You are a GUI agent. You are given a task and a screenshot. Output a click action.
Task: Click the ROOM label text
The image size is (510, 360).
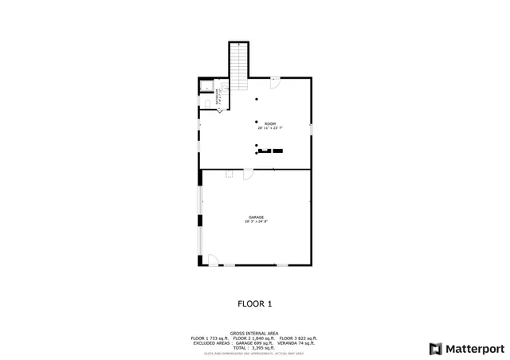coord(270,123)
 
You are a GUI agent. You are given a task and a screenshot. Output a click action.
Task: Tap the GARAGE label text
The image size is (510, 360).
coord(256,217)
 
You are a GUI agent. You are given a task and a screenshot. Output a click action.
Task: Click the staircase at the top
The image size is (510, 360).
coord(238,60)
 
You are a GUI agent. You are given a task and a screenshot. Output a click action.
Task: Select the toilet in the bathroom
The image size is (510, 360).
coord(206,103)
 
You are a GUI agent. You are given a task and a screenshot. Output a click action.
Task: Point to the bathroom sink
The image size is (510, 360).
coord(225,84)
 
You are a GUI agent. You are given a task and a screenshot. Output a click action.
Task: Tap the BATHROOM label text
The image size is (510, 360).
coord(217,98)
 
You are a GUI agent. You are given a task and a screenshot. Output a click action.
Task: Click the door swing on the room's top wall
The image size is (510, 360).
coord(275,81)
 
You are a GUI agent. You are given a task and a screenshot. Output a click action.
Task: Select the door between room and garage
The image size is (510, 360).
coord(248,174)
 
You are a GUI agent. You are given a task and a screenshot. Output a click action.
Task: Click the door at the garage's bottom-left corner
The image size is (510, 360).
coord(212,260)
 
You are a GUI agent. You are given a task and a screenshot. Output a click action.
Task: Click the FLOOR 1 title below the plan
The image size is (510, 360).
coord(255,303)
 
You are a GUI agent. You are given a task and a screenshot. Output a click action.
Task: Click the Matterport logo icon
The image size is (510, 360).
coord(435,348)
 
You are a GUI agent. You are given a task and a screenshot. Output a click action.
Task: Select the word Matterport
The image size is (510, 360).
coord(474,348)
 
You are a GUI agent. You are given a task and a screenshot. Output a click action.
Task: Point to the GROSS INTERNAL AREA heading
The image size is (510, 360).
coord(254,333)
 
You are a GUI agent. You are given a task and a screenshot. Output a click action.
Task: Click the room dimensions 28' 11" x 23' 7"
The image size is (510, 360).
coord(270,128)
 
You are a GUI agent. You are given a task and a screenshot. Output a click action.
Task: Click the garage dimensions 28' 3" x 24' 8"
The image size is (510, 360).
coord(256,221)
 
